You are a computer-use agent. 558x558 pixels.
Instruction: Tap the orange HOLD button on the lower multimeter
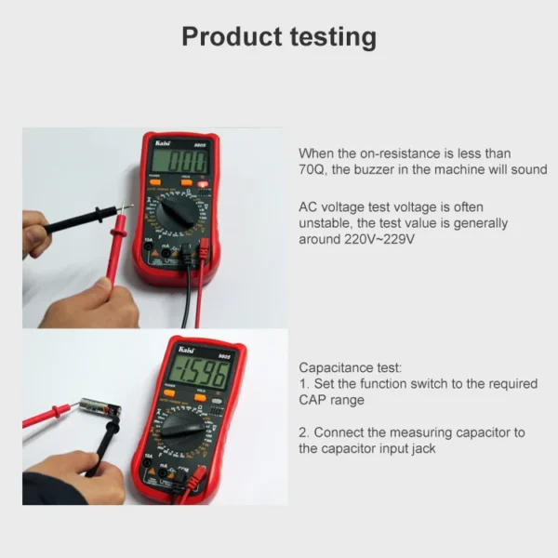point(199,398)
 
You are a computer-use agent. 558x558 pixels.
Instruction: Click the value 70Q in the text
point(314,169)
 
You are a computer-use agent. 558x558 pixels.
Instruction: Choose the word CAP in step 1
point(313,400)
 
